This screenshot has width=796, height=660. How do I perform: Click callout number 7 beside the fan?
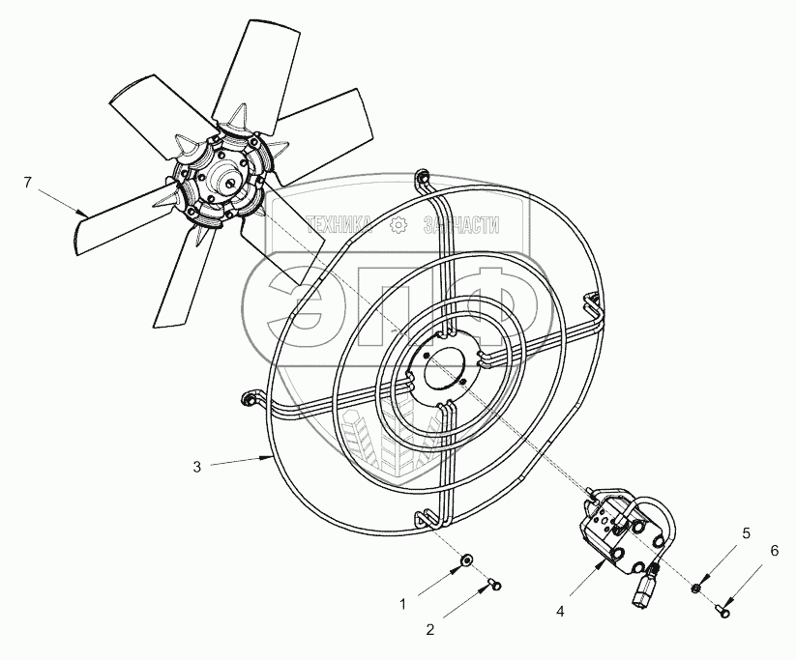click(28, 183)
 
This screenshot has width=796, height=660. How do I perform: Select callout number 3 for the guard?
click(197, 467)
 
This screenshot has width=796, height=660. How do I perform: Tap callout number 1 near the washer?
click(402, 604)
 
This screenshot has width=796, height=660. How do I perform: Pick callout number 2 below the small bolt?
click(430, 630)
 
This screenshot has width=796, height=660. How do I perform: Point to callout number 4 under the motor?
click(560, 612)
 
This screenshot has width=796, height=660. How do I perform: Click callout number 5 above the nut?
click(746, 533)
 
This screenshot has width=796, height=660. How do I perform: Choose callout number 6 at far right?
click(774, 551)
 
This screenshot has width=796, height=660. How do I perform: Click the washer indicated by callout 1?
click(465, 560)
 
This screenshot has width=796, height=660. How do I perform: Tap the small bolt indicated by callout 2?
click(494, 585)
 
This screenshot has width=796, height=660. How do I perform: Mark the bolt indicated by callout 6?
click(722, 611)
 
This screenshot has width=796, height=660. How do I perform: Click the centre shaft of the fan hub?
click(231, 184)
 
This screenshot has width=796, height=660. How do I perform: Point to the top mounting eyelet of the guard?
click(422, 177)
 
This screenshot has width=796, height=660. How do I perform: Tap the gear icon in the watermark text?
click(398, 225)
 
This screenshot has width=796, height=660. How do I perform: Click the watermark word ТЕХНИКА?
click(339, 225)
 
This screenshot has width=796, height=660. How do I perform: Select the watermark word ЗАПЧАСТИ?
click(461, 225)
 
